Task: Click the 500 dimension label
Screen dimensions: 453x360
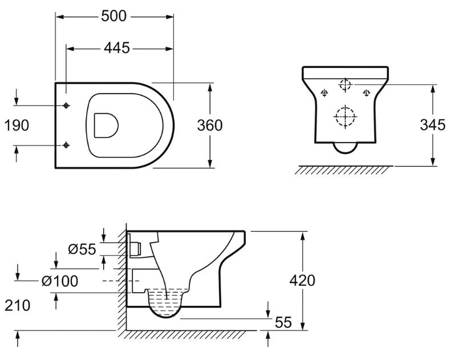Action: pyautogui.click(x=114, y=16)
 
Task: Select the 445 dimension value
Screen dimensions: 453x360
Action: pyautogui.click(x=117, y=48)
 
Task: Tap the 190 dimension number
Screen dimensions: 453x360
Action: pyautogui.click(x=17, y=126)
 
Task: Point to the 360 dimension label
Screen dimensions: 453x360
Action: pyautogui.click(x=210, y=126)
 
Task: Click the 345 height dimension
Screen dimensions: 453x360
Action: pyautogui.click(x=432, y=125)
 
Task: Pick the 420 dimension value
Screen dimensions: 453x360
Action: pyautogui.click(x=302, y=280)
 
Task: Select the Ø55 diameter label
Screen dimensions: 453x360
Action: pyautogui.click(x=82, y=249)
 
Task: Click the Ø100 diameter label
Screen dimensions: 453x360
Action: pyautogui.click(x=60, y=281)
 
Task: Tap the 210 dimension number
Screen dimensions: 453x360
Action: pyautogui.click(x=17, y=305)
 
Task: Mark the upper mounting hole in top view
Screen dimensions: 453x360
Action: pyautogui.click(x=66, y=106)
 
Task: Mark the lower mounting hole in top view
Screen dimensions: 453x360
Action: pyautogui.click(x=66, y=145)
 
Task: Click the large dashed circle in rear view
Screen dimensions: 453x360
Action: pyautogui.click(x=345, y=116)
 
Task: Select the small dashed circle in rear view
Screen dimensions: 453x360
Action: pyautogui.click(x=345, y=84)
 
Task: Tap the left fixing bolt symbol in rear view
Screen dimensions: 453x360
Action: pyautogui.click(x=325, y=93)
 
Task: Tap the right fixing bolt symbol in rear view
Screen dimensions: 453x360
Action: pyautogui.click(x=367, y=93)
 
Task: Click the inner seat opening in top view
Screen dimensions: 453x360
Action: pyautogui.click(x=106, y=125)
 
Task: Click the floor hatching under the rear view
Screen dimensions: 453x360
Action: pyautogui.click(x=343, y=170)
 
